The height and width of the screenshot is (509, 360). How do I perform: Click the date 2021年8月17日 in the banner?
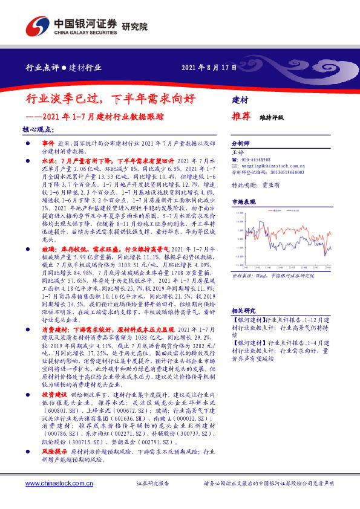point(209,68)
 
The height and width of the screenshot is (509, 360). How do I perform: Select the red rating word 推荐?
point(241,117)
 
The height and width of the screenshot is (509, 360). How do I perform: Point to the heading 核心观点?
point(38,129)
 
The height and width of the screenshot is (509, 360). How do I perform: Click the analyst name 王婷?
point(237,153)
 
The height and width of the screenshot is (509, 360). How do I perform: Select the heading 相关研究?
point(243,310)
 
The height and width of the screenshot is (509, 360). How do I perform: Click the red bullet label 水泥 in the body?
point(49,161)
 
